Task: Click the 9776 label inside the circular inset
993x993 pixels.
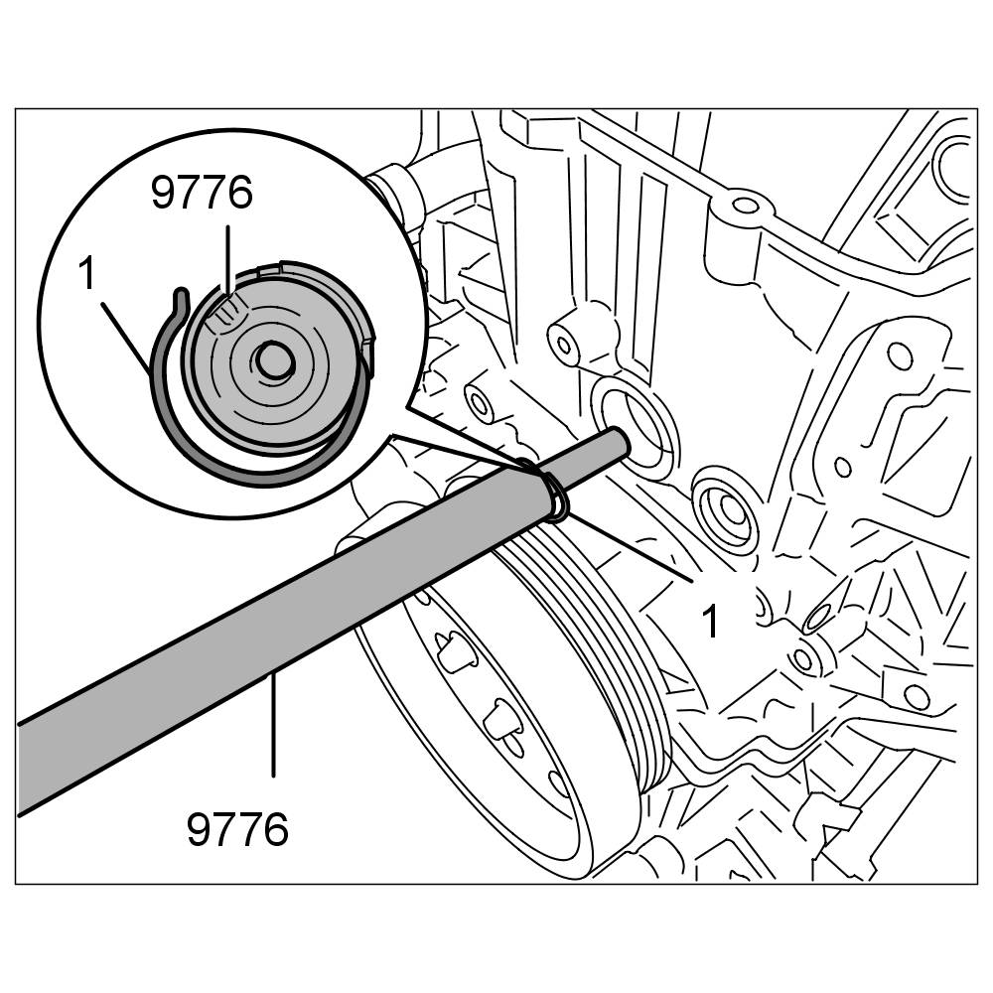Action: click(202, 193)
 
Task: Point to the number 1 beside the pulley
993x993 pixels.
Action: click(709, 621)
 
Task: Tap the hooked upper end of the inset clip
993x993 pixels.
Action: click(179, 295)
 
